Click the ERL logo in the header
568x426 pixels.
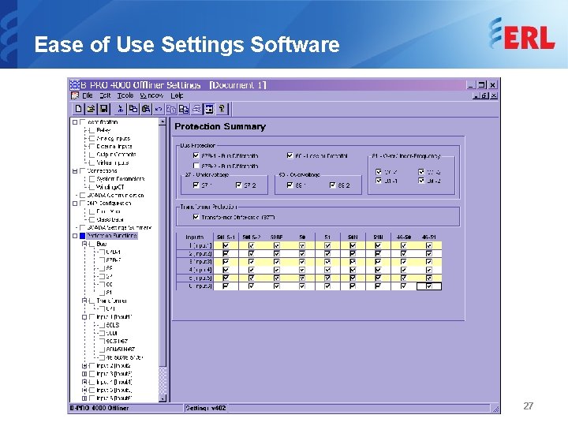(x=521, y=35)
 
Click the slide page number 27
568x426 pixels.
(x=529, y=405)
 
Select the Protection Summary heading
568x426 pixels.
(x=220, y=126)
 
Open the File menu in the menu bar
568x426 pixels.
(x=87, y=95)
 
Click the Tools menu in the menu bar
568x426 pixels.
(x=125, y=95)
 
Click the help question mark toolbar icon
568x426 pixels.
(x=222, y=109)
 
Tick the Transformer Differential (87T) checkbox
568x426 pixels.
(x=196, y=218)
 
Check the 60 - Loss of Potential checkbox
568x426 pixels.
(x=289, y=156)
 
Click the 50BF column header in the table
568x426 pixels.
(x=276, y=237)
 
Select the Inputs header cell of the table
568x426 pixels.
(x=194, y=237)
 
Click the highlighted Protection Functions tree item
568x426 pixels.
(x=111, y=235)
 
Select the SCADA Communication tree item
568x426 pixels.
(x=116, y=195)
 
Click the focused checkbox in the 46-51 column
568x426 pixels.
(x=428, y=286)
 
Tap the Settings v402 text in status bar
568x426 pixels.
(x=206, y=408)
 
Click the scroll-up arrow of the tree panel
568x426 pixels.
(x=163, y=122)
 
